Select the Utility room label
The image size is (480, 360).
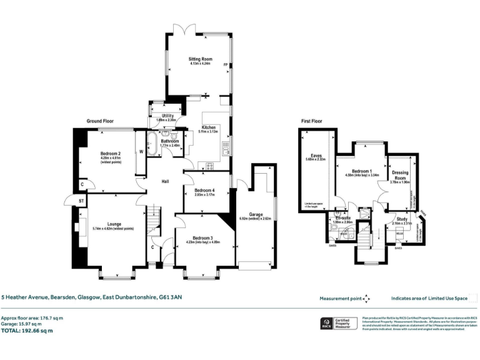click(167, 116)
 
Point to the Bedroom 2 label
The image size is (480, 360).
click(110, 154)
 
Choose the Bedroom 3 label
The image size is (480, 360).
click(203, 238)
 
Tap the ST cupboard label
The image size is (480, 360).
click(81, 200)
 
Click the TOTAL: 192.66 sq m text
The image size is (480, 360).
click(27, 331)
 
